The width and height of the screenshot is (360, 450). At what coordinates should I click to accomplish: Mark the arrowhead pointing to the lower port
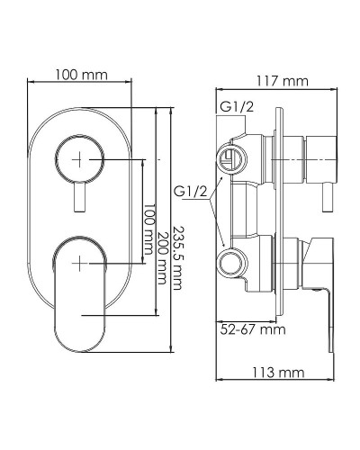(x=221, y=247)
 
